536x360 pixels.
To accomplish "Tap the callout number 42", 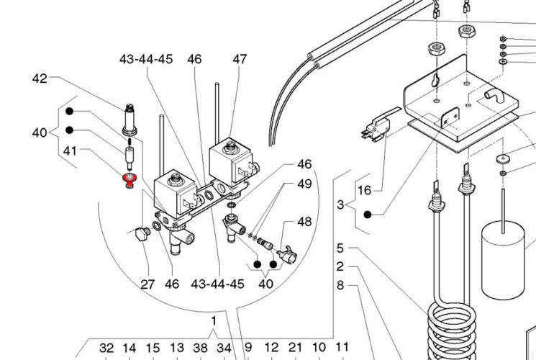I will [40, 79].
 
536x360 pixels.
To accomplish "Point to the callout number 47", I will [240, 60].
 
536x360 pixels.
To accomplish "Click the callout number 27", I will [147, 284].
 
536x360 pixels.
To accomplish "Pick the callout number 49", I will [304, 184].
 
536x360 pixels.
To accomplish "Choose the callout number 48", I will [304, 222].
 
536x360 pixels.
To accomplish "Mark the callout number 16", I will [364, 190].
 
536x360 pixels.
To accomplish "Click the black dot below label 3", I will [367, 215].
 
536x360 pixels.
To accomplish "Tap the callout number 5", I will [340, 248].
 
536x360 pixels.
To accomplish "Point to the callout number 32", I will [106, 348].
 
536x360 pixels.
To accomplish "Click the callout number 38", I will [201, 348].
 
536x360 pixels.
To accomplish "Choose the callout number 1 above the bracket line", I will [214, 320].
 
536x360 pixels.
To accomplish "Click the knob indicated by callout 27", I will [138, 233].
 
